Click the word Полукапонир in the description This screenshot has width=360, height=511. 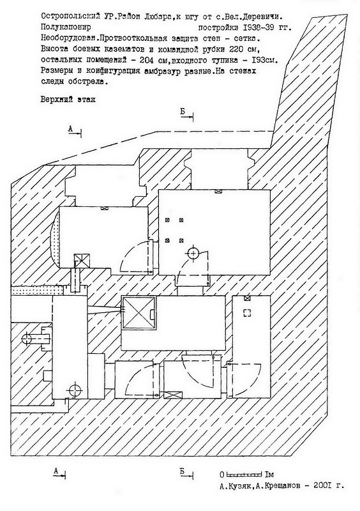coord(66,27)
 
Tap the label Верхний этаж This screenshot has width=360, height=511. coord(68,100)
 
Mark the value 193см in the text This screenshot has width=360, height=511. coord(264,60)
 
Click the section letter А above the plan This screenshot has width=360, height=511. coord(70,129)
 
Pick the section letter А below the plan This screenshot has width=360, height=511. coord(56,471)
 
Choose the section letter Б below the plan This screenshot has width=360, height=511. coord(182,471)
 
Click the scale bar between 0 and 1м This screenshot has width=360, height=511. coord(244,473)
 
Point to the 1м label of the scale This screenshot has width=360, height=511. coord(269,474)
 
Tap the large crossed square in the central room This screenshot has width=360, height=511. coord(139,313)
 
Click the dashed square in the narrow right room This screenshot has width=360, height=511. coord(248,313)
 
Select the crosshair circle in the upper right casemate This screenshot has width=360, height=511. coord(193,253)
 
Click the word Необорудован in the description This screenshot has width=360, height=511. coord(68,38)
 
